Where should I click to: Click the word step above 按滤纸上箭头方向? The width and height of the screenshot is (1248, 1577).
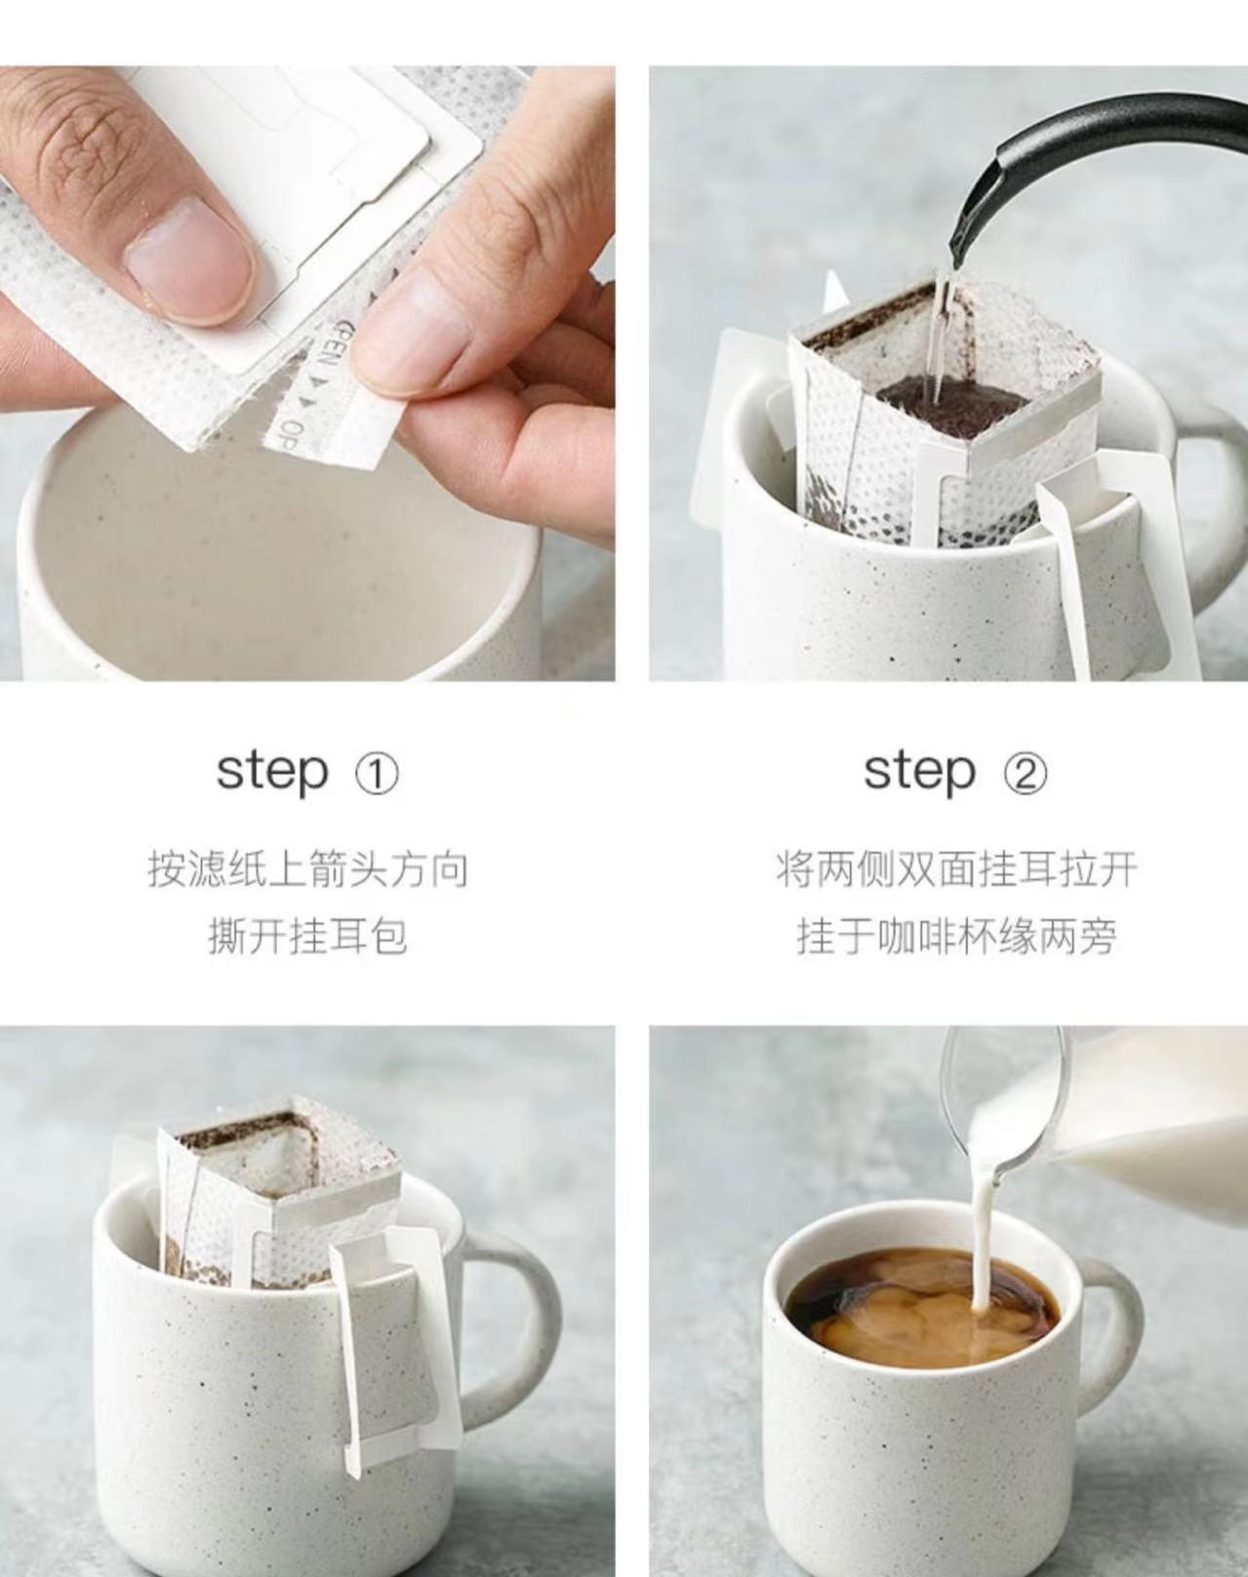271,771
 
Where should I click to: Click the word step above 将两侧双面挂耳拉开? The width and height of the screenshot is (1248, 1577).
919,771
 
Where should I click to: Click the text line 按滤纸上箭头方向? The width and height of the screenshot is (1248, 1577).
307,869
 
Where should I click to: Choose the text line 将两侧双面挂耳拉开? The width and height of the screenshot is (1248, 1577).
956,869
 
